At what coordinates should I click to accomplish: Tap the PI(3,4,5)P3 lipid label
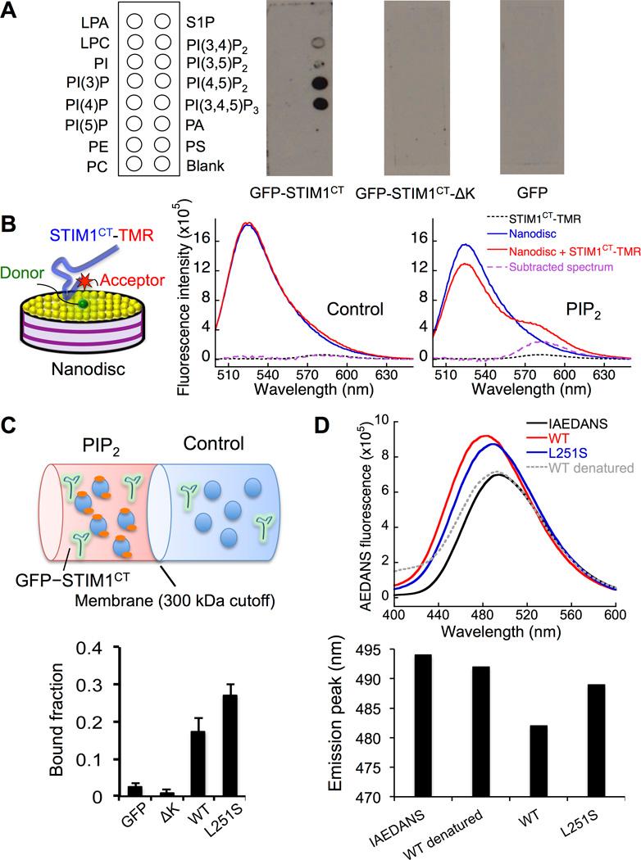tap(223, 107)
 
